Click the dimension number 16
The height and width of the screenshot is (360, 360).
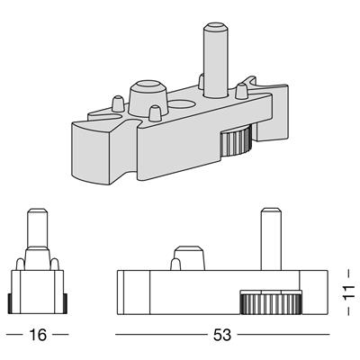pyautogui.click(x=38, y=335)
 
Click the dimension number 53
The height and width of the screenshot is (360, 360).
pyautogui.click(x=222, y=335)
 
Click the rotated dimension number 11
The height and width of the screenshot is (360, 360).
pyautogui.click(x=348, y=292)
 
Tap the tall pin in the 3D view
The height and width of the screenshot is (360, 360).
pyautogui.click(x=215, y=60)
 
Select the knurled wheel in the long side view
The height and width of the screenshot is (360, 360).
pyautogui.click(x=270, y=302)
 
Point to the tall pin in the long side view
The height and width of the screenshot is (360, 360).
pyautogui.click(x=271, y=238)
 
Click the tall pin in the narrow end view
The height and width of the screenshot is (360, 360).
pyautogui.click(x=38, y=228)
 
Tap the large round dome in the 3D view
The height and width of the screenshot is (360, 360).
pyautogui.click(x=148, y=97)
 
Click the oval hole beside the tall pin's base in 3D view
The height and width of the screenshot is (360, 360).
pyautogui.click(x=182, y=104)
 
